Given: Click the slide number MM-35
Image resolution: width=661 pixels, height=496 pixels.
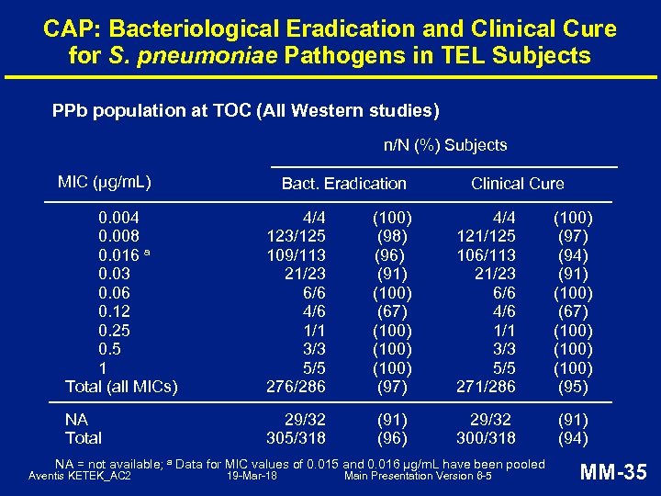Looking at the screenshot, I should (615, 473).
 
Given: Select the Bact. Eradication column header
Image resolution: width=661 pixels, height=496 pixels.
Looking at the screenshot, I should (343, 184).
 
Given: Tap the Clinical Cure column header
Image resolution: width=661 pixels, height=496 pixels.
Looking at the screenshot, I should (517, 184).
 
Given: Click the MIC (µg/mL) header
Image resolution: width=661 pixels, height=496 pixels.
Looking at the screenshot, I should (104, 182).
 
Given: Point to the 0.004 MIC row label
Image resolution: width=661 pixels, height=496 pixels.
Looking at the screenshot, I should (118, 219).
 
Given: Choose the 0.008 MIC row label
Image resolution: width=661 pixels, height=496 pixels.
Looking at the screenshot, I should (118, 237).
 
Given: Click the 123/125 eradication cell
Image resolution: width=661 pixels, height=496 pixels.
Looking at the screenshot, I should (297, 237).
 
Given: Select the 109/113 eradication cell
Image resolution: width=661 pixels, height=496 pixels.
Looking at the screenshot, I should (297, 255).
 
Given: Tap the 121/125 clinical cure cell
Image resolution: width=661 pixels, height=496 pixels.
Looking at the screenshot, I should (487, 237).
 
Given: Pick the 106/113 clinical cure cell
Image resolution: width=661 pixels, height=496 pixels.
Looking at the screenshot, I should (487, 255).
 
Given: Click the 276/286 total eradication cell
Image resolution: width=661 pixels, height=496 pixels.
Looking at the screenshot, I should (297, 387).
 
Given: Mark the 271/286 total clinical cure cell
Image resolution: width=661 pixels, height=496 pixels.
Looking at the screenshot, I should (487, 387).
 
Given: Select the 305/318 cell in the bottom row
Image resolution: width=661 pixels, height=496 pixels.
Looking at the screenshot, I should (297, 438).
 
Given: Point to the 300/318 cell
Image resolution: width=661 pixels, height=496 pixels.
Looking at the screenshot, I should (487, 438).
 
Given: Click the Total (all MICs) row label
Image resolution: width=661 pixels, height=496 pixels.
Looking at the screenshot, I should (121, 387).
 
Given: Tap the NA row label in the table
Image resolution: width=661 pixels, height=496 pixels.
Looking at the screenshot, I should (76, 419).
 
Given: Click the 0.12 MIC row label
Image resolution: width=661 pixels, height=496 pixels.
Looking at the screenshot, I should (114, 311).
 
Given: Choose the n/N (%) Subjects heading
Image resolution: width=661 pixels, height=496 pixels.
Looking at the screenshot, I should (444, 145).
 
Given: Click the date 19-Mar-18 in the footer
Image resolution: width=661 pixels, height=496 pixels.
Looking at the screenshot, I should (252, 476).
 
